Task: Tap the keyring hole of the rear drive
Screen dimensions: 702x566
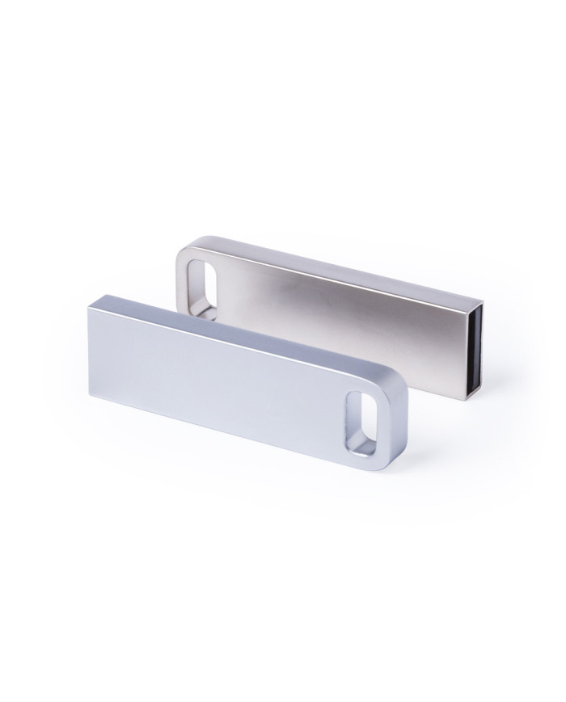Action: pos(202,280)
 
